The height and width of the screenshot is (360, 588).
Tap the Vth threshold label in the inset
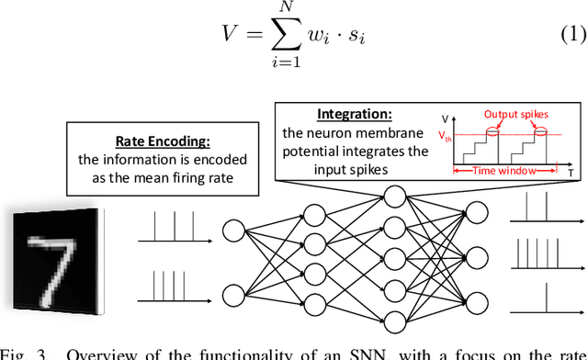click(x=447, y=136)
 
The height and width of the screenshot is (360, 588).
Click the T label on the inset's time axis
click(x=571, y=173)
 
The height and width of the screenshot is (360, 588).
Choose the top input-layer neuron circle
click(x=232, y=229)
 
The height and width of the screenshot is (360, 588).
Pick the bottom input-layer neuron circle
click(x=232, y=294)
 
